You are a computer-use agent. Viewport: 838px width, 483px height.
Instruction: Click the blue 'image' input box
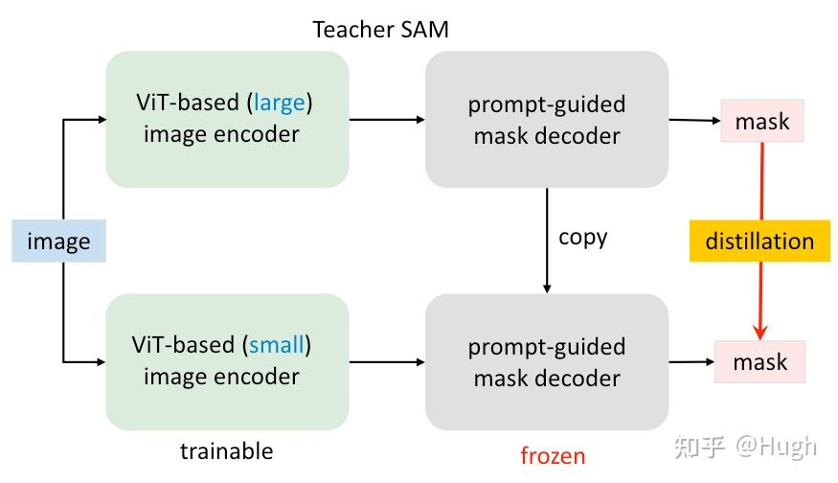click(x=58, y=241)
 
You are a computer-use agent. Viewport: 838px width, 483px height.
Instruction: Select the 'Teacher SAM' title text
click(x=380, y=30)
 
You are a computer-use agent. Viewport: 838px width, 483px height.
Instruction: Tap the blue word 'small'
click(x=276, y=345)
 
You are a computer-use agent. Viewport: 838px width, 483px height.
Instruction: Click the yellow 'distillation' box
click(x=759, y=241)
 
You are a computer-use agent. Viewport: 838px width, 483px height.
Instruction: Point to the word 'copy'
click(x=582, y=237)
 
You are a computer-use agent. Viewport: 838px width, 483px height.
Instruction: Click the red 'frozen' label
click(x=553, y=455)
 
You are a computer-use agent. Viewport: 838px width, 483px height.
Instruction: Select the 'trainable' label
click(x=226, y=451)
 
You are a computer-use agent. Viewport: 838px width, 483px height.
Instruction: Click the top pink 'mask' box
click(x=762, y=122)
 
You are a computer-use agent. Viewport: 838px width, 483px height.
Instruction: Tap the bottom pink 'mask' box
click(x=760, y=362)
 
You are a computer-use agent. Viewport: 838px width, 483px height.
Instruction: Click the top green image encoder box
click(x=227, y=119)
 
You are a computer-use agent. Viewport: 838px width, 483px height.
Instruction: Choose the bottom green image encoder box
click(x=227, y=361)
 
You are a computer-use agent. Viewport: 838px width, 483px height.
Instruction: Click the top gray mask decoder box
click(x=546, y=119)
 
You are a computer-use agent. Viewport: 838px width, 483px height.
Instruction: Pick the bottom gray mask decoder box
click(x=546, y=361)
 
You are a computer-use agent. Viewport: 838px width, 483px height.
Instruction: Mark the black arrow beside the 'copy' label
click(x=547, y=240)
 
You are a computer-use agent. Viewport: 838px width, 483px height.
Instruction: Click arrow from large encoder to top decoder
click(x=387, y=120)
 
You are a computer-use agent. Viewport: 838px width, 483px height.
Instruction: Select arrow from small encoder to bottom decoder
click(x=387, y=362)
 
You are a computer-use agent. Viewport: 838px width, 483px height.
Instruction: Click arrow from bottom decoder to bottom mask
click(x=691, y=362)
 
